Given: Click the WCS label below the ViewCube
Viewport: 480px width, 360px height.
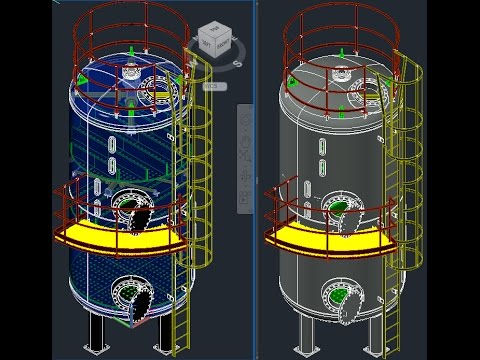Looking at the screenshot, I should [x=211, y=86].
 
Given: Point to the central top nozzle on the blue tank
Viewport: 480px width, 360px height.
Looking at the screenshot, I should [x=130, y=70].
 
